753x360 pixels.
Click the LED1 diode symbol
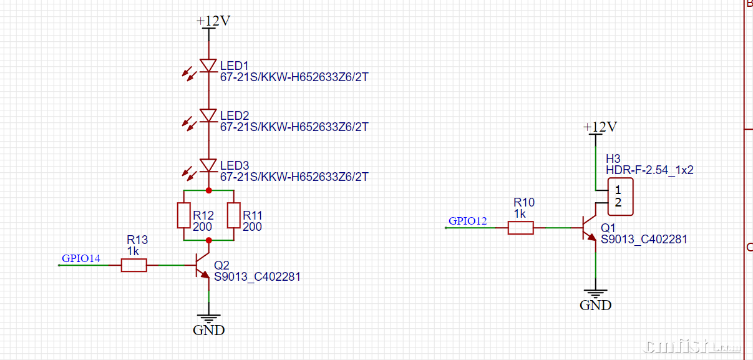tap(208, 65)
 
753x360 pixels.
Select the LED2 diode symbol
tap(208, 115)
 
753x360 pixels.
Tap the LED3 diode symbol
tap(208, 165)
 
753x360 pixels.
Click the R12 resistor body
tap(184, 215)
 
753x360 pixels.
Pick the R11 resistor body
tap(233, 215)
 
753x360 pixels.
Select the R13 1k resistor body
tap(134, 265)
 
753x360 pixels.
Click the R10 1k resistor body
tap(520, 228)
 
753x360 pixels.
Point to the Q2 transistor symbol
tap(202, 265)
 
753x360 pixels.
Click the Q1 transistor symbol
tap(590, 228)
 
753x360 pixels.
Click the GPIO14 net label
tap(81, 258)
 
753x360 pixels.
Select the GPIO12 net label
tap(468, 220)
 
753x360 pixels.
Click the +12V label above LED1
tap(213, 21)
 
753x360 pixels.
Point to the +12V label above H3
tap(600, 127)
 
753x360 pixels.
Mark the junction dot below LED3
tap(208, 190)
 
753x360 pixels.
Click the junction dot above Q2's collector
tap(208, 240)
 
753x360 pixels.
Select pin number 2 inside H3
tap(618, 202)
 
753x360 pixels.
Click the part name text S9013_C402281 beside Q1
tap(644, 238)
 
